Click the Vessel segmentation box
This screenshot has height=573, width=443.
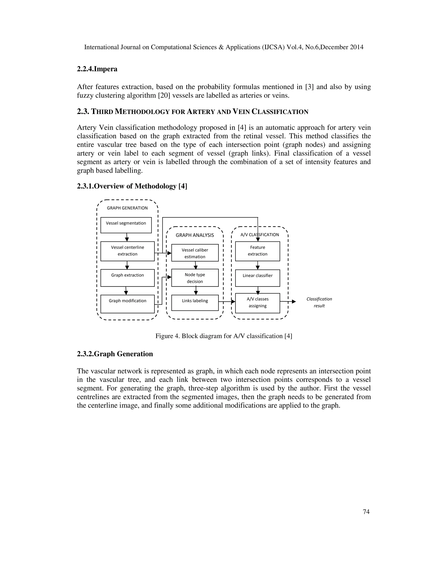(x=126, y=225)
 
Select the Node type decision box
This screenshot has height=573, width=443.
(x=195, y=278)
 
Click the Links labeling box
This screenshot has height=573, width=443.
(x=195, y=303)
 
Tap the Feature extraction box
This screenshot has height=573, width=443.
(x=257, y=251)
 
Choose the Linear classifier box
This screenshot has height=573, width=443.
(x=257, y=278)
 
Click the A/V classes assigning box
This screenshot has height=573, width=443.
(x=257, y=303)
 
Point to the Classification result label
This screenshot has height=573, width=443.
(x=319, y=302)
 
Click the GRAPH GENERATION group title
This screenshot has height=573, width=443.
(x=127, y=208)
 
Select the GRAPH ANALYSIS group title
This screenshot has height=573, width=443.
(x=195, y=235)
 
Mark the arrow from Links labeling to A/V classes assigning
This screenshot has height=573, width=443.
(x=227, y=302)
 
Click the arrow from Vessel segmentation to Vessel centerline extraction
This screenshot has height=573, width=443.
(x=127, y=237)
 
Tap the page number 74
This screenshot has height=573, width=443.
(x=366, y=512)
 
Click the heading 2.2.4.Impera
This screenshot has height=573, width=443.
(x=97, y=69)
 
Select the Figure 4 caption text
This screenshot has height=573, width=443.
(x=224, y=336)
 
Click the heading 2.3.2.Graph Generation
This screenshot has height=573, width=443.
(x=115, y=354)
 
